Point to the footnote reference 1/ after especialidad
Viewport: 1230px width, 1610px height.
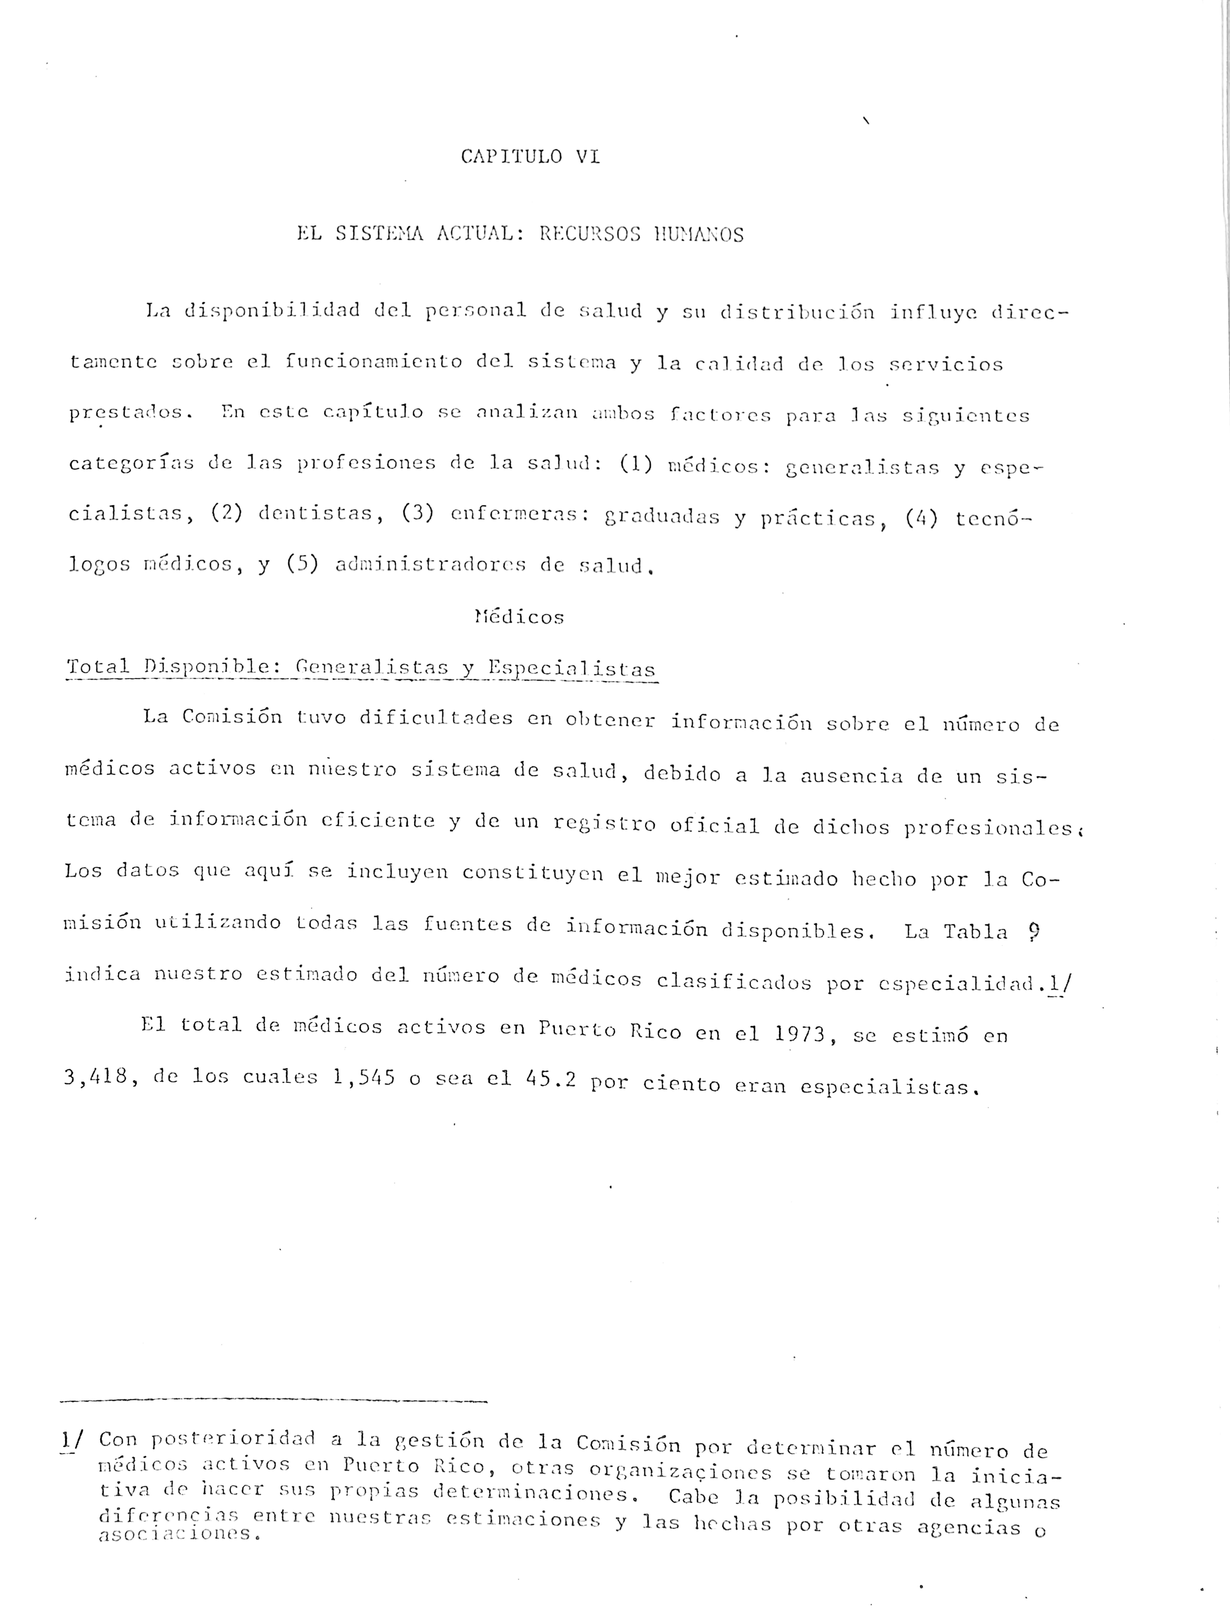1059,983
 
